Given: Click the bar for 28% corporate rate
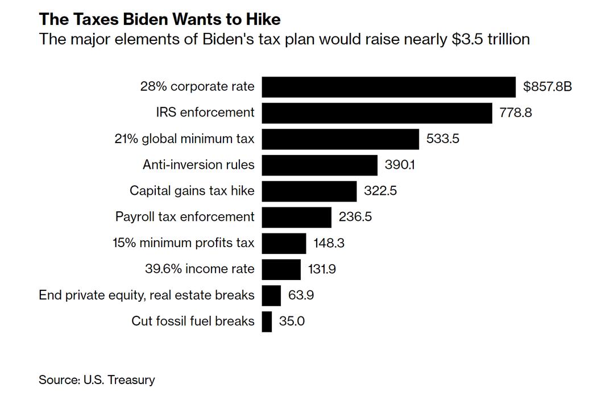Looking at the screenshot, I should (x=388, y=87).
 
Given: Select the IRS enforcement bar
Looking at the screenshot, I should (x=376, y=112).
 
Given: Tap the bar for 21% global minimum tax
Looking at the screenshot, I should (x=340, y=139).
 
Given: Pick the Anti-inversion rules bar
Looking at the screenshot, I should (x=320, y=165).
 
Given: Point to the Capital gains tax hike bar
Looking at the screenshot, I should (x=309, y=191).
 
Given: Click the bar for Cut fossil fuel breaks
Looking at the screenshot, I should (x=267, y=321).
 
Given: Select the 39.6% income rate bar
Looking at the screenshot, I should (x=281, y=269).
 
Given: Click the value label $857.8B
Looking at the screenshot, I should (x=547, y=87).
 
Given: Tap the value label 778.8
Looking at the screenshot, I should (x=516, y=112).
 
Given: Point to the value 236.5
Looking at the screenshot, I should (x=355, y=216).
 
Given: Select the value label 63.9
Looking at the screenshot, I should (x=301, y=295).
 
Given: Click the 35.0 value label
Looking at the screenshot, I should (x=292, y=321).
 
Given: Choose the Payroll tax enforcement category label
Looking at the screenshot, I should (x=185, y=216).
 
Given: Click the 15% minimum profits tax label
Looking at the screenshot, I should (x=184, y=243).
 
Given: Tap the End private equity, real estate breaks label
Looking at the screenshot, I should (x=147, y=295).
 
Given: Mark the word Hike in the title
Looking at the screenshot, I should (x=262, y=19).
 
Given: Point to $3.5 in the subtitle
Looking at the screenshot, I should (x=467, y=39).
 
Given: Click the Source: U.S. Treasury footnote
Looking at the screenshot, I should (x=97, y=379).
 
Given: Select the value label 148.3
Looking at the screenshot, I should (x=329, y=243).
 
